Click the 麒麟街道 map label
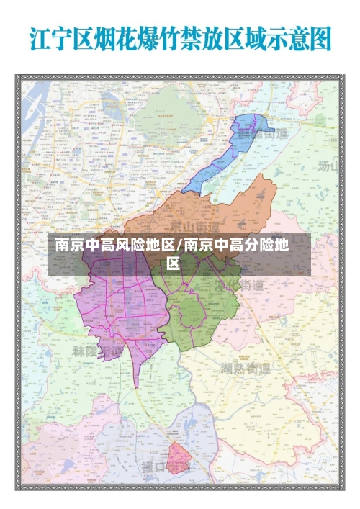[258, 134]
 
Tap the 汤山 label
[328, 166]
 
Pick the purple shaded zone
[115, 302]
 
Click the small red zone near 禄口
[177, 459]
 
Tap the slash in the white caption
[179, 246]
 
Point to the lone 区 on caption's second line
[174, 263]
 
